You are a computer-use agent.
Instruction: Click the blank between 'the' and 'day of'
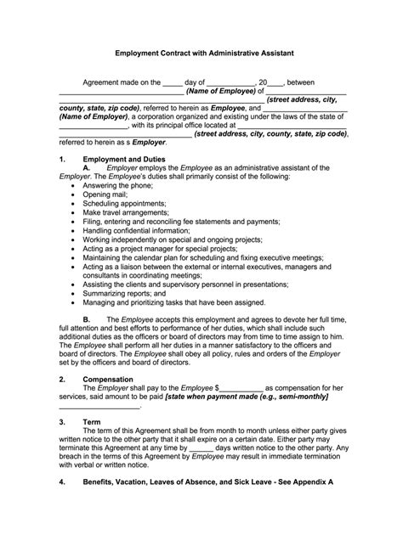[172, 82]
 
